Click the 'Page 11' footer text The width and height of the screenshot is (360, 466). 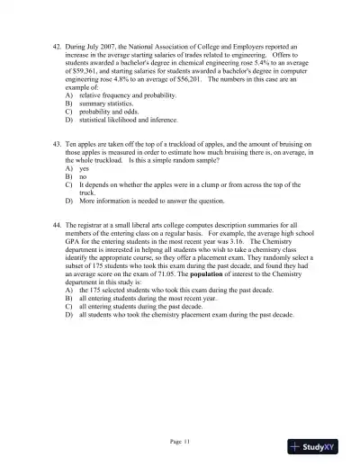click(180, 441)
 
